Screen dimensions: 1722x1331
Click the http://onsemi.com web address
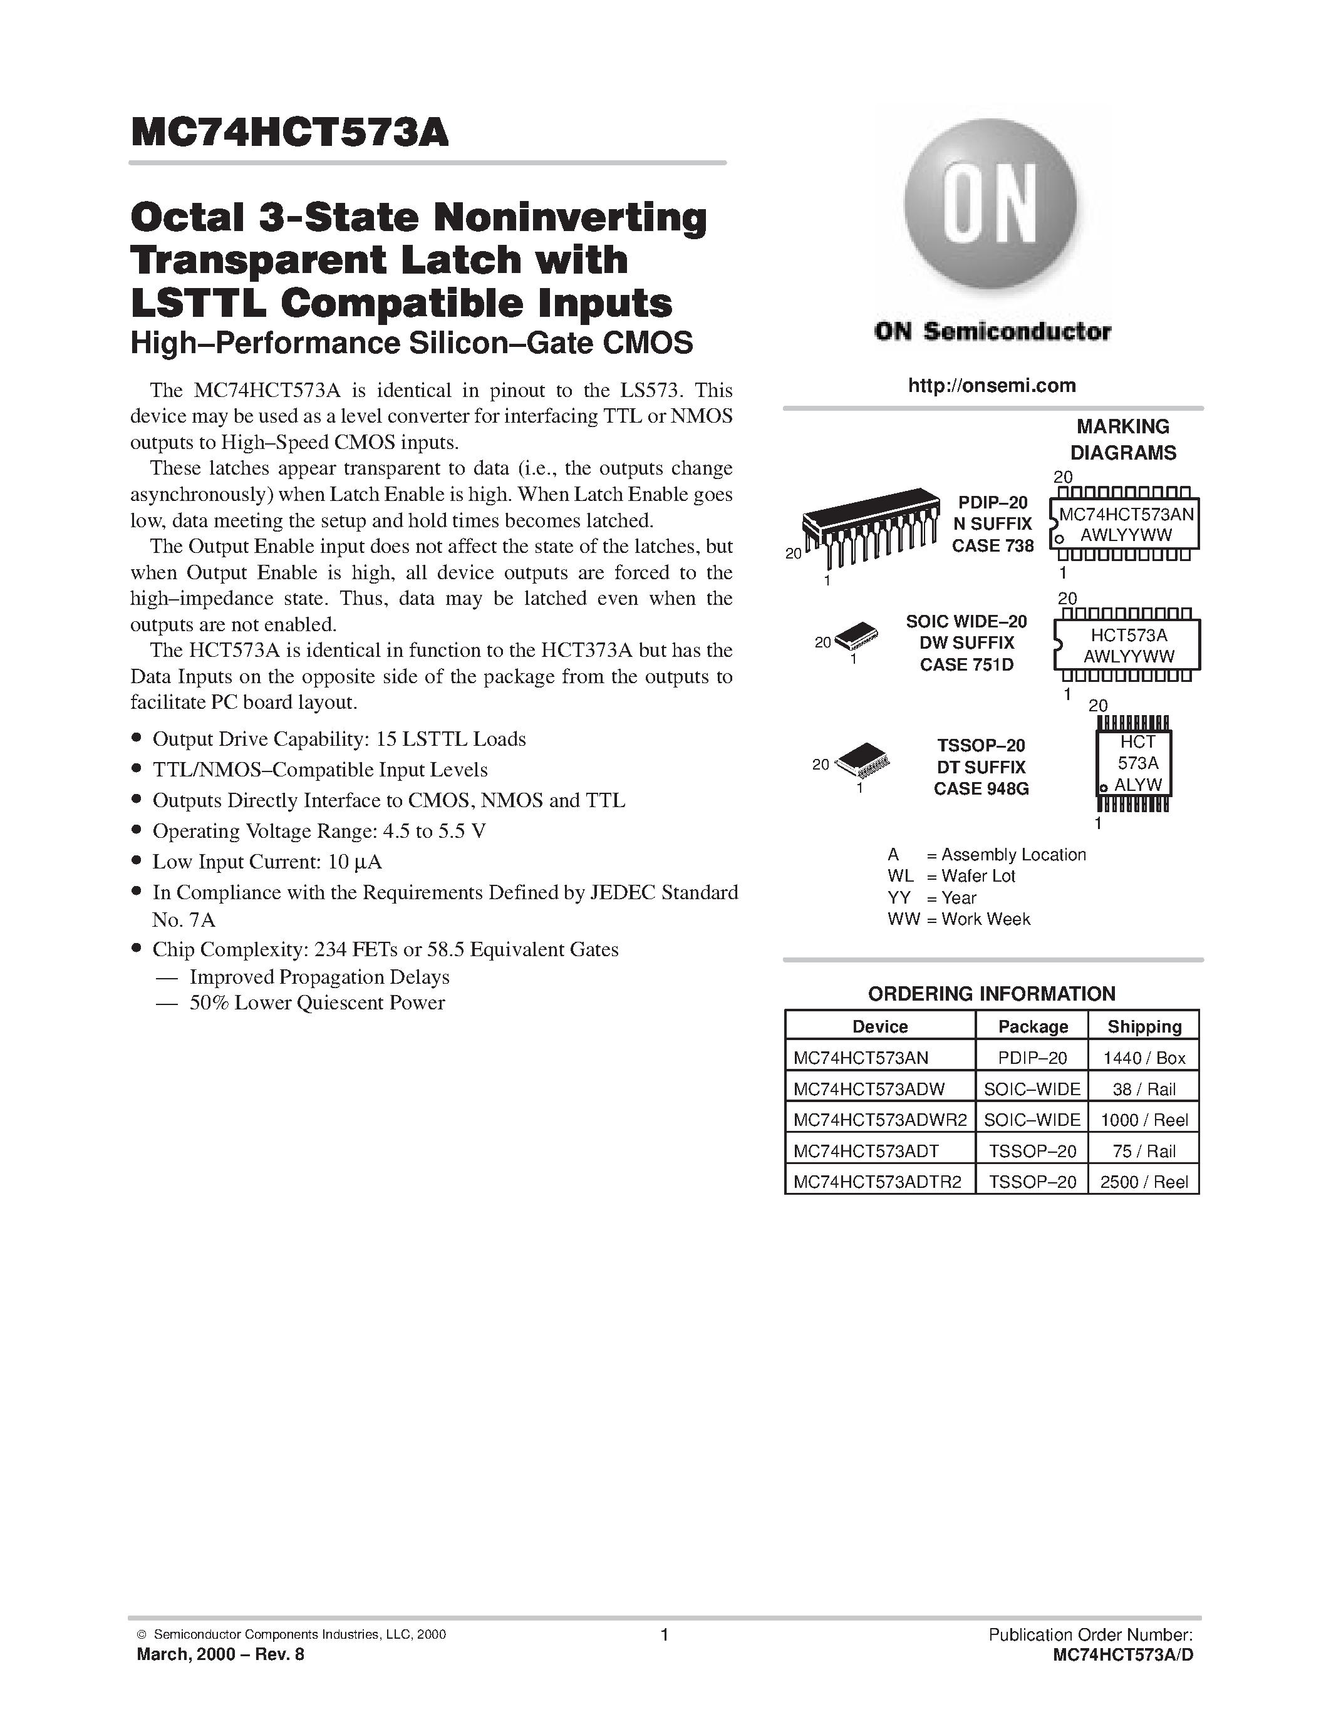(992, 386)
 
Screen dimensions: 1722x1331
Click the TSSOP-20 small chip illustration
(862, 758)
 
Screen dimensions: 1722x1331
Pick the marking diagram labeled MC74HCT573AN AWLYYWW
(1125, 523)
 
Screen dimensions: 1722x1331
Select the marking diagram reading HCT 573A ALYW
(1134, 763)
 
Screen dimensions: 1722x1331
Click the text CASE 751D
(966, 664)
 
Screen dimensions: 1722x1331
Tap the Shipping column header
(1144, 1026)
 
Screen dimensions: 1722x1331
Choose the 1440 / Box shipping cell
(1144, 1058)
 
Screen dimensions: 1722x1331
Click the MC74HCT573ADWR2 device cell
(880, 1120)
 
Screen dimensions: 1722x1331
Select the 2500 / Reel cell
(1144, 1182)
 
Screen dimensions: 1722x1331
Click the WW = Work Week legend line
(959, 919)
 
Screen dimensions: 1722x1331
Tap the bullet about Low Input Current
(267, 862)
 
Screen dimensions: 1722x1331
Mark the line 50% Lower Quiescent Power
(317, 1003)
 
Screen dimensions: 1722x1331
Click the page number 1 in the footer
(664, 1634)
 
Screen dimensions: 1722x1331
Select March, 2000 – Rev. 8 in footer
(220, 1654)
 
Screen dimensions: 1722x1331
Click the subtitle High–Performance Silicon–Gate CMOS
(412, 343)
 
